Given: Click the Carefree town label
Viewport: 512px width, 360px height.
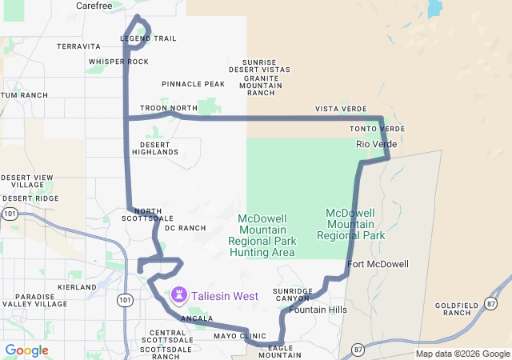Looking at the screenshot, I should (x=94, y=6).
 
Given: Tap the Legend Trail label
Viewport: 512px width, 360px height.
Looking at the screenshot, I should (x=148, y=38).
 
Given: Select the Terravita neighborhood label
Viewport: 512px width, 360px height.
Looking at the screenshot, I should (x=78, y=46).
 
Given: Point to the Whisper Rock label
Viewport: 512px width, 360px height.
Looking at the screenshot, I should (x=118, y=62).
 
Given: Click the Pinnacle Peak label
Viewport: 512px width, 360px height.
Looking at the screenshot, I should (x=193, y=84).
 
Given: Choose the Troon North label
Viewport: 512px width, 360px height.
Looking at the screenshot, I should (x=168, y=108).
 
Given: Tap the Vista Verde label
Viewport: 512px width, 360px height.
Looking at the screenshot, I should (x=341, y=109).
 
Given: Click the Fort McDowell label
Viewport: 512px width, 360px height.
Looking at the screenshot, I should (x=378, y=264).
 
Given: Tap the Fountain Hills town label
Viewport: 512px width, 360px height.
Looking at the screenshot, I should (x=318, y=310).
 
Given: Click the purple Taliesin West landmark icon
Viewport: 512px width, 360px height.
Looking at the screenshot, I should (x=179, y=296).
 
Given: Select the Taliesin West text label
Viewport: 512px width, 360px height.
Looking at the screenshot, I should (x=224, y=296).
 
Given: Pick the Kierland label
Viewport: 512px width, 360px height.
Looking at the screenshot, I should (x=77, y=286).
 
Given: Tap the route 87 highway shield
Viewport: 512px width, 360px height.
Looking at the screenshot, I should (x=357, y=349).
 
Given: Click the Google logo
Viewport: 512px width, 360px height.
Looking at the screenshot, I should (x=27, y=350).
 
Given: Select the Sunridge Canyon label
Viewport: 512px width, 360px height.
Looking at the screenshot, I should (x=292, y=294).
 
